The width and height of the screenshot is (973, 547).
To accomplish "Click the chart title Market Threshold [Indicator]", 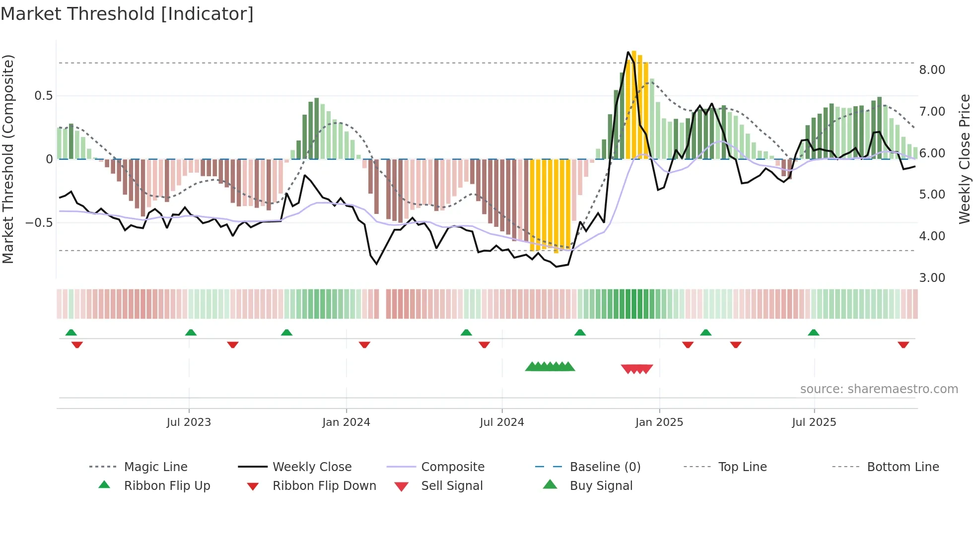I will (127, 14).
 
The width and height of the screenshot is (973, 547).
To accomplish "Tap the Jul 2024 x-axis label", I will (501, 422).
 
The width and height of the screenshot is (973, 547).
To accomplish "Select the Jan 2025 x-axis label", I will (659, 422).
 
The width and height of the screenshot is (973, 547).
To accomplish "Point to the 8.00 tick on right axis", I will (932, 70).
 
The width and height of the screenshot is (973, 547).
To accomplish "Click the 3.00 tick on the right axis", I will (932, 278).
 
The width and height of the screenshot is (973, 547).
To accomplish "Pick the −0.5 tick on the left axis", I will (39, 223).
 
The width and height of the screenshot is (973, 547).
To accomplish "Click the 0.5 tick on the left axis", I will (43, 96).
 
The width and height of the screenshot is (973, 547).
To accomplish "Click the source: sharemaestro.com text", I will (879, 389).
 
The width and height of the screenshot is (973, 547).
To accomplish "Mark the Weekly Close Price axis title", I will (964, 159).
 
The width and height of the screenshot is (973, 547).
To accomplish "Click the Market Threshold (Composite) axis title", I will (8, 159).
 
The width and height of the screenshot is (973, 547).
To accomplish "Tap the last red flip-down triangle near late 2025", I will (903, 344).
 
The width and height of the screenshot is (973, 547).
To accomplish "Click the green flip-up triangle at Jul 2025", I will (813, 333).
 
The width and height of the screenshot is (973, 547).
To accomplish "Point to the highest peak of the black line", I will (628, 52).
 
